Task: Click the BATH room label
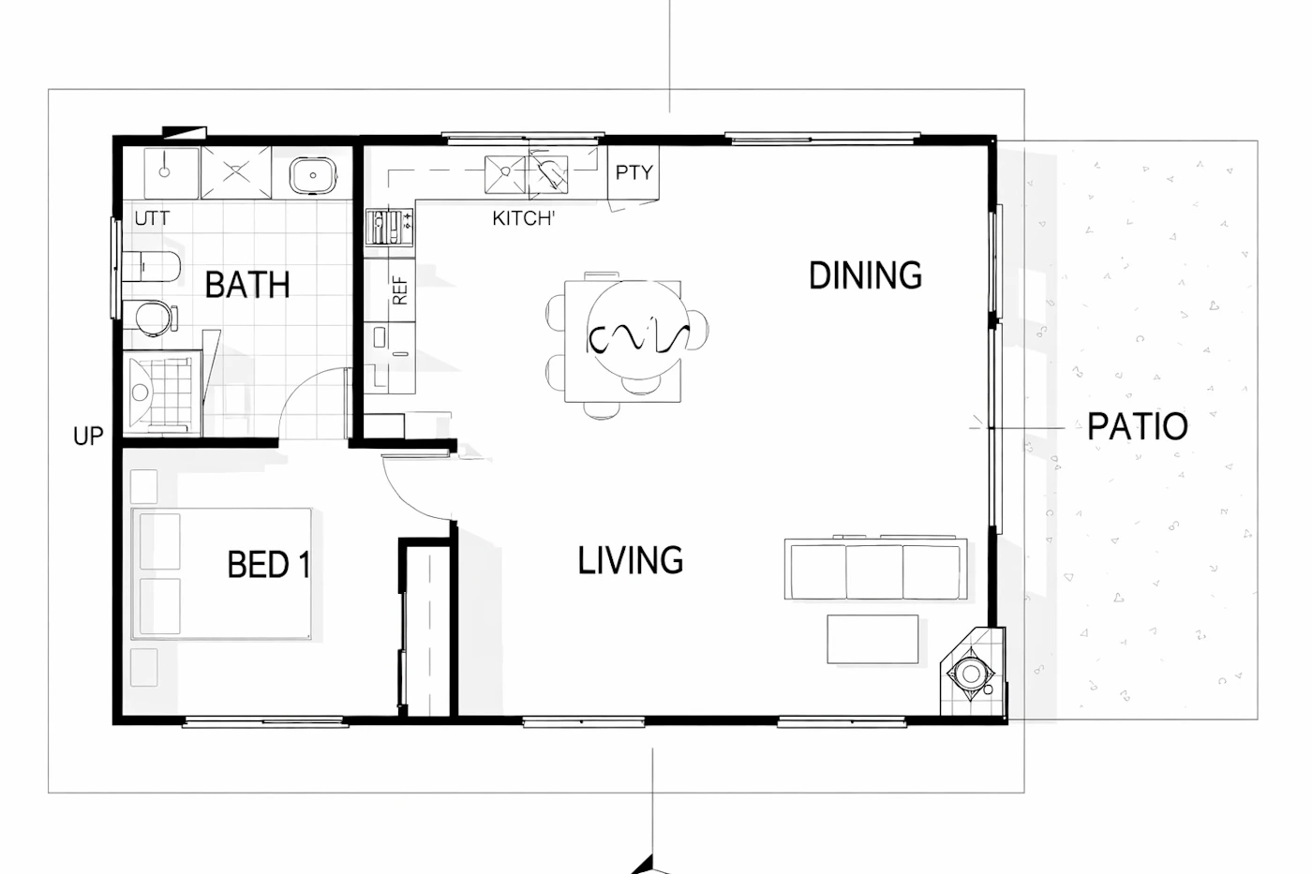click(x=247, y=285)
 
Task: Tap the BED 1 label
click(x=268, y=564)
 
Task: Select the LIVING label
click(x=630, y=559)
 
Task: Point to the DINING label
click(x=865, y=275)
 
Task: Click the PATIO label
click(x=1138, y=426)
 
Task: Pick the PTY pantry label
click(x=634, y=172)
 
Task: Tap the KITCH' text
click(x=523, y=218)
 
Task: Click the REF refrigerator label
click(x=399, y=290)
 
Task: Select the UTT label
click(x=152, y=218)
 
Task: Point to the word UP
click(x=88, y=437)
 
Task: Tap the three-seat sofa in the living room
click(x=875, y=568)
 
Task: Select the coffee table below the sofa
click(x=872, y=639)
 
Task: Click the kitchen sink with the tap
click(x=548, y=174)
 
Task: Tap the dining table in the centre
click(x=622, y=341)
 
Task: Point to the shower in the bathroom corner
click(x=161, y=393)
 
